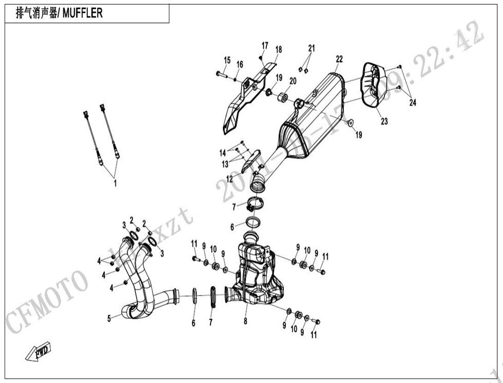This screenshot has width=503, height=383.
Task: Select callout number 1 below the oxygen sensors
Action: [115, 183]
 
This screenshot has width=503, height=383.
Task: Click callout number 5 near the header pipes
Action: [109, 318]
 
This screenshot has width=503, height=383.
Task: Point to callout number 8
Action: [245, 321]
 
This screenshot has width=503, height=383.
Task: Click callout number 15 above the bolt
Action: [227, 60]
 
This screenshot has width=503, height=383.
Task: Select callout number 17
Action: [265, 46]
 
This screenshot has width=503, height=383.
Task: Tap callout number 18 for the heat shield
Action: [279, 50]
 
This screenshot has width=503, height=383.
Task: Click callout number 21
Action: [311, 48]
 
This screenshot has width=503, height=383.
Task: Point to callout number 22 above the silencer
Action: [339, 58]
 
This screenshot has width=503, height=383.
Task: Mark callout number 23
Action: [384, 122]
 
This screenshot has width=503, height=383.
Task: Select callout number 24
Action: [413, 103]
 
